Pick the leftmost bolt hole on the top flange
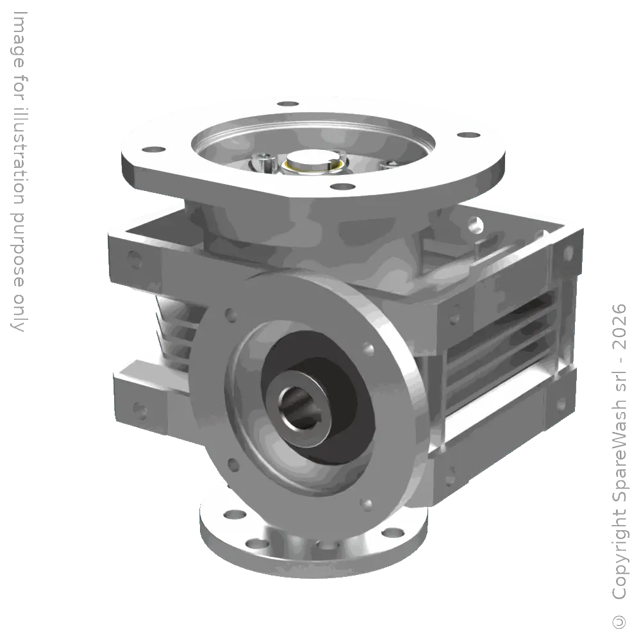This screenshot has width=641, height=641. pyautogui.click(x=153, y=149)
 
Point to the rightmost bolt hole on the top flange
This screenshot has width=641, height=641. pyautogui.click(x=469, y=135)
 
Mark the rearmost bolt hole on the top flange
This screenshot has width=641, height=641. pyautogui.click(x=288, y=103)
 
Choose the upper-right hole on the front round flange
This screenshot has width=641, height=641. pyautogui.click(x=369, y=350)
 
